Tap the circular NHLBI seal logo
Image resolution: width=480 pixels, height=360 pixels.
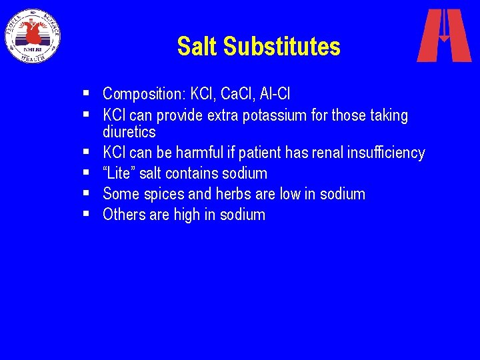33,36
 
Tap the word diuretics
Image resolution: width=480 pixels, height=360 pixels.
129,132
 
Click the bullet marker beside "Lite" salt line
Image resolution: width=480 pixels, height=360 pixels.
89,173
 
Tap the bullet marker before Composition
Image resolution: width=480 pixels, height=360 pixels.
89,94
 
